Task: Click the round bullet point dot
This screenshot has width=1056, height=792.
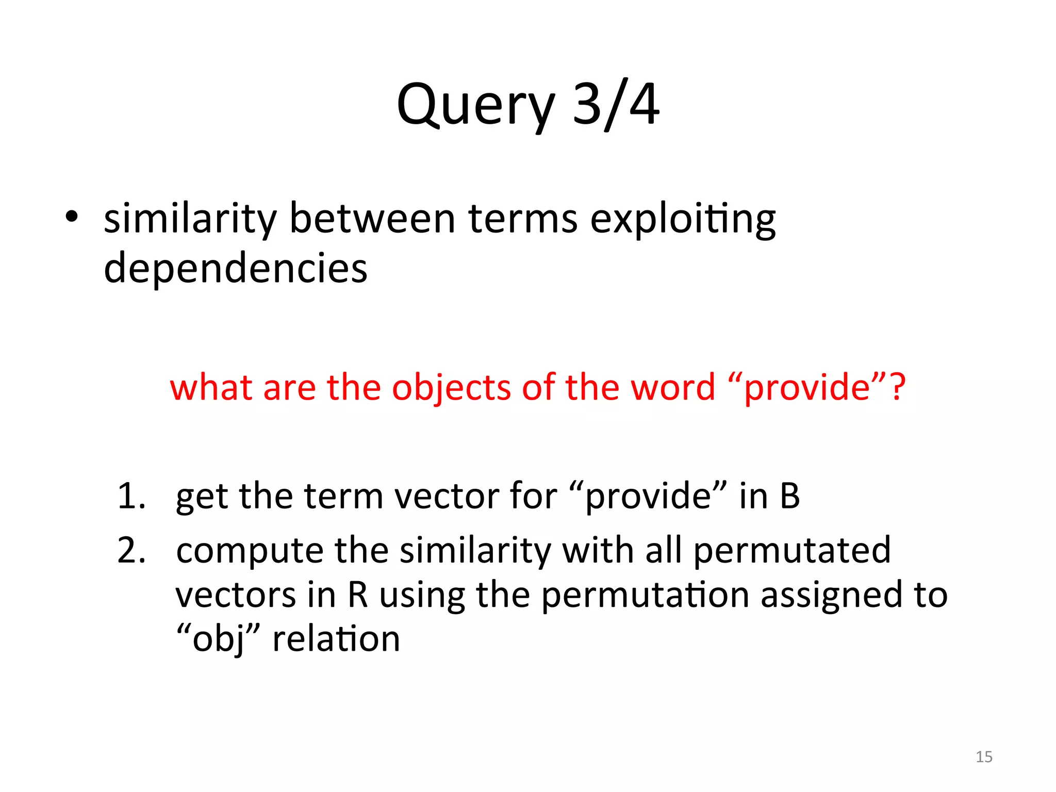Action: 72,217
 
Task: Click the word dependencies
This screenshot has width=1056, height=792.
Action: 236,268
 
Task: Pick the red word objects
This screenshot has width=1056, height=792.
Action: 451,388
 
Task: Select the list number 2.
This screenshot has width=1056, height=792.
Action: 130,551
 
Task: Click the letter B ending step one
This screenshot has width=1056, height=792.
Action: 789,496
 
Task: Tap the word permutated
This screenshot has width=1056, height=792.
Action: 792,551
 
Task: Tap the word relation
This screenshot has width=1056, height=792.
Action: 336,639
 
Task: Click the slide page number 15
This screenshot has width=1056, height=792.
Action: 984,757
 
